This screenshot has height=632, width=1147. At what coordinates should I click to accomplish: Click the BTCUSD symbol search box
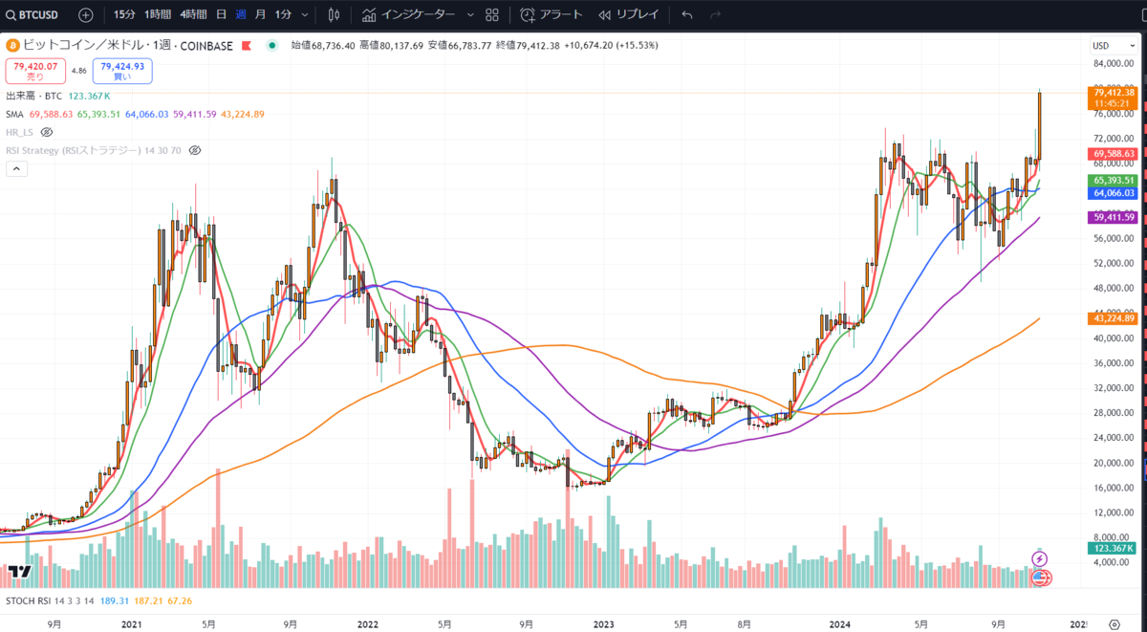(39, 14)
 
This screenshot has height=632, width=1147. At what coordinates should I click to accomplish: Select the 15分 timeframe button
(124, 14)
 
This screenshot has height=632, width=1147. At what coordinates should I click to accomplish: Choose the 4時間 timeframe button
(193, 14)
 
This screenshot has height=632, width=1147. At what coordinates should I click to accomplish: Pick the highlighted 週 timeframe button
(240, 14)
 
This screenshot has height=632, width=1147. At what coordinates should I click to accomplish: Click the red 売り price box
(35, 71)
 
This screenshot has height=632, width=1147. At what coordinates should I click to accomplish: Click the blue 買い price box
(122, 71)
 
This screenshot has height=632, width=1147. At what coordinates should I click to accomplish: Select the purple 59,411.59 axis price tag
(1113, 217)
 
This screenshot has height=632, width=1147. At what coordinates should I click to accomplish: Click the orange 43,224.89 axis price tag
(1113, 317)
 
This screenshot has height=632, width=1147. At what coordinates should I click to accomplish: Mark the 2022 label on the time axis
(367, 624)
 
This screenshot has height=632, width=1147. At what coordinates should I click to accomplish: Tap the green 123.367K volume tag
(1113, 548)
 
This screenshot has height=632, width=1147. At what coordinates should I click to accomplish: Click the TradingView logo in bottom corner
(20, 571)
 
